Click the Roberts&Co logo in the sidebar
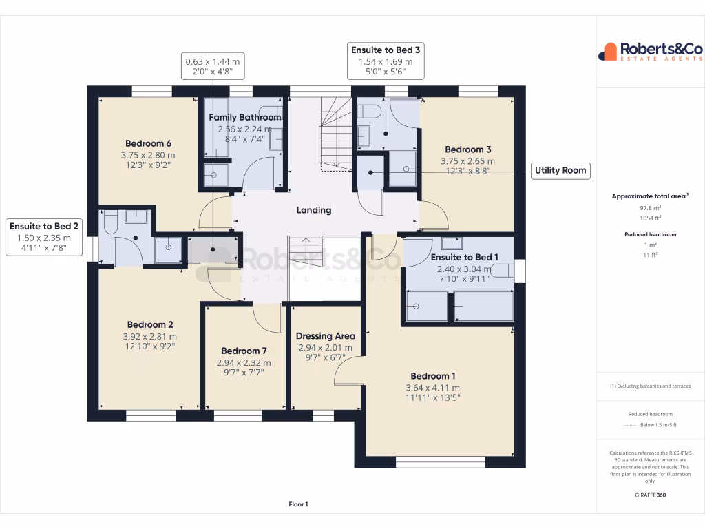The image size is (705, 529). (650, 52)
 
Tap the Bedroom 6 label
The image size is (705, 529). (148, 143)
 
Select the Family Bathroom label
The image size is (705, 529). (245, 117)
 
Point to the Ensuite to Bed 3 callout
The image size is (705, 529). (386, 61)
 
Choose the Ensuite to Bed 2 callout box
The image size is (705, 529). (43, 238)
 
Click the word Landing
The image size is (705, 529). (314, 210)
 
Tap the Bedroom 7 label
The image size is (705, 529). (244, 351)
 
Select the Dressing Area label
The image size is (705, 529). (325, 336)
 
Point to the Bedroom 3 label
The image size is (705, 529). (468, 149)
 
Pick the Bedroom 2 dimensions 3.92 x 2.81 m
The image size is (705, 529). (150, 336)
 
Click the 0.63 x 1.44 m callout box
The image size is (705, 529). (213, 66)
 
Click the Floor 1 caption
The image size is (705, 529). (298, 504)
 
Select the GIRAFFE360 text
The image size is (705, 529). (650, 495)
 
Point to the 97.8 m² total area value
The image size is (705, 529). (650, 207)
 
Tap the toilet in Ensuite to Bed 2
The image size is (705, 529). (111, 222)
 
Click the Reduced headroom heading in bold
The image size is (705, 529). (650, 234)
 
